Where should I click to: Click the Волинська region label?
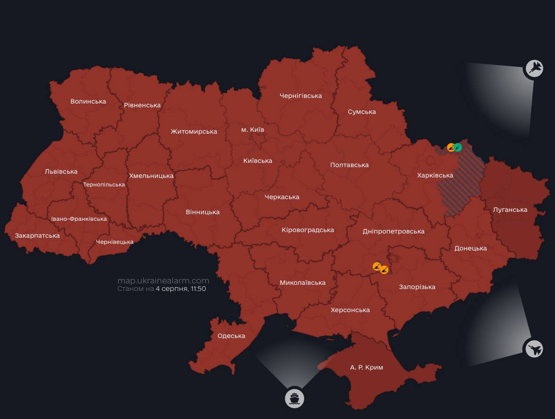[x=88, y=101]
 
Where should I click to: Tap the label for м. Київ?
[x=253, y=129]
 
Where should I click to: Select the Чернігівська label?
[x=300, y=96]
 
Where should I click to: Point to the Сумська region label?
[x=362, y=112]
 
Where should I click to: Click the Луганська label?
[x=510, y=209]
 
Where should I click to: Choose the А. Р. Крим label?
[x=366, y=367]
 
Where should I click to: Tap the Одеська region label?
[x=231, y=336]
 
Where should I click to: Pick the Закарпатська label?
[x=37, y=235]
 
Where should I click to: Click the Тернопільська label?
[x=104, y=185]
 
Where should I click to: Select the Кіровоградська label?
[x=307, y=230]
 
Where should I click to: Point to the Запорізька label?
[x=417, y=287]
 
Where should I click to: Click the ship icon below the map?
[x=294, y=399]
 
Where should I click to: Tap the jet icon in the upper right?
[x=534, y=69]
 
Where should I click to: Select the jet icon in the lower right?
[x=534, y=349]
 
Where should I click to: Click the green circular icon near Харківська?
[x=458, y=147]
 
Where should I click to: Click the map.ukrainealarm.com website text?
[x=163, y=281]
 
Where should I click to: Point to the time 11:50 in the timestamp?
[x=198, y=289]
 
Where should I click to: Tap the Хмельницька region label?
[x=151, y=176]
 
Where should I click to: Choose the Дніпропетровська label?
[x=393, y=231]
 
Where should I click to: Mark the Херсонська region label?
[x=350, y=310]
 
